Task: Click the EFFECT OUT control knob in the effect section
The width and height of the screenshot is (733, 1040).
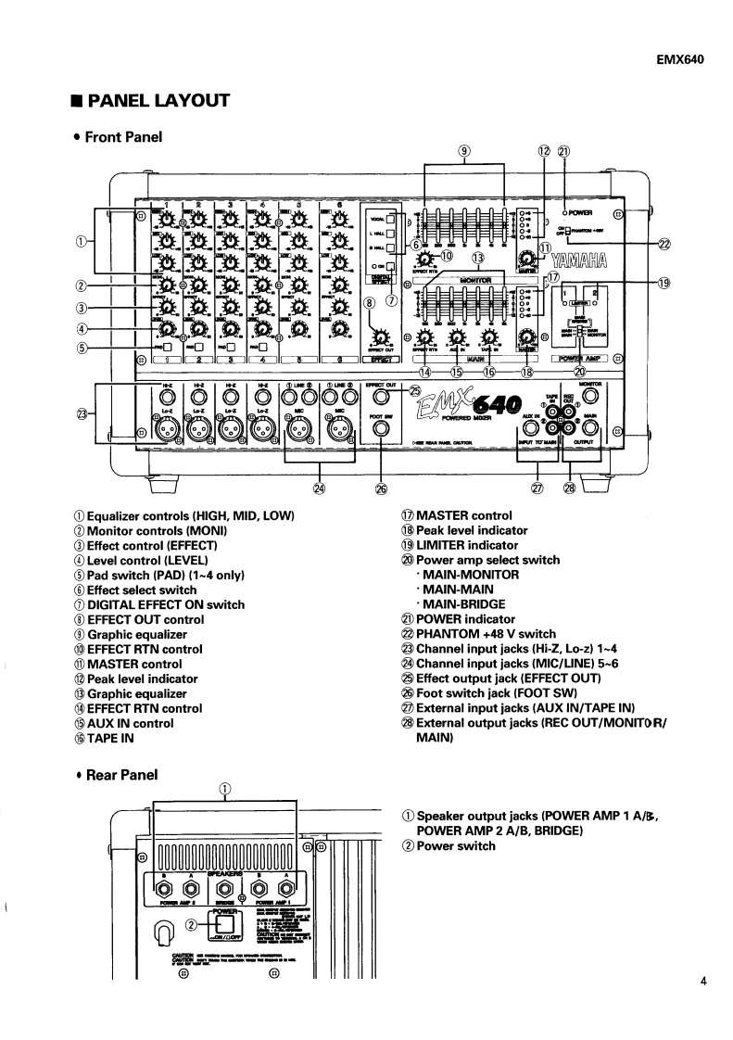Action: [x=379, y=336]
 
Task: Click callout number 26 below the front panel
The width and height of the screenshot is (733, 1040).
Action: [x=381, y=488]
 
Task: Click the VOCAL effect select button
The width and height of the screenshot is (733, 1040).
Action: [x=391, y=221]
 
